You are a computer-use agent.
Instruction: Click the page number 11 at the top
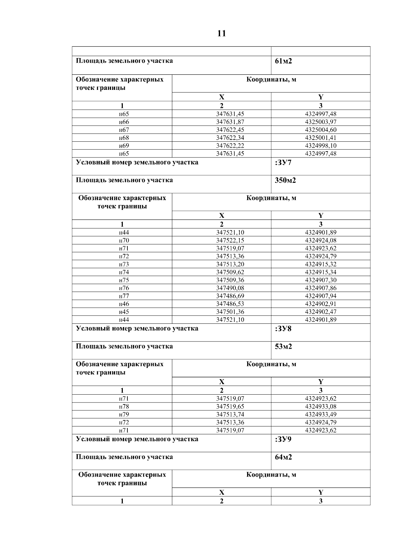(x=221, y=33)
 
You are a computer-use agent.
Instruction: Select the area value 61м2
(x=283, y=61)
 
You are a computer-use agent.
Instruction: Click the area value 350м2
(x=285, y=180)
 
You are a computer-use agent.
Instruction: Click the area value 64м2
(x=283, y=457)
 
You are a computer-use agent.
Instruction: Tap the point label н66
(x=124, y=122)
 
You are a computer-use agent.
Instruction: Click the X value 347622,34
(x=230, y=138)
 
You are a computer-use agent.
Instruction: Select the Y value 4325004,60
(x=320, y=130)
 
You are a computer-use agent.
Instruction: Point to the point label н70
(x=124, y=240)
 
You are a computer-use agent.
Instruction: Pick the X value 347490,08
(x=230, y=288)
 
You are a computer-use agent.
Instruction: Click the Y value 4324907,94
(x=320, y=296)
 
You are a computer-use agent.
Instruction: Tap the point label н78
(x=124, y=407)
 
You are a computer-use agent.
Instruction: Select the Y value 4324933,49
(x=320, y=415)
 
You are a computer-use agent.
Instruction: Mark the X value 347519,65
(x=230, y=407)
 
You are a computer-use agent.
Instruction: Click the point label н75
(x=124, y=280)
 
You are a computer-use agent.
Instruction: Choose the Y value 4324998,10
(x=320, y=146)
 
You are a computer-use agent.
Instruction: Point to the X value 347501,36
(x=230, y=312)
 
